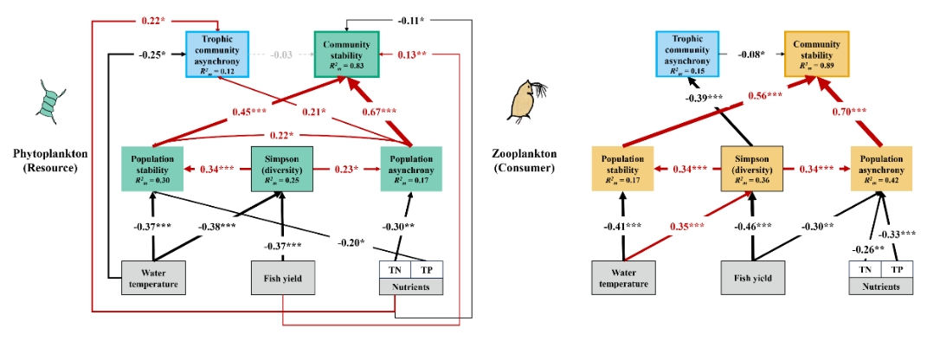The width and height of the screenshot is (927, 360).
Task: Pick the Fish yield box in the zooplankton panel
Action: tap(752, 280)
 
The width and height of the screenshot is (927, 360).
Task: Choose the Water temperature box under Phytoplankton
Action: tap(153, 280)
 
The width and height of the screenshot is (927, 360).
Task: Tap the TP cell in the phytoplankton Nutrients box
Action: tap(427, 269)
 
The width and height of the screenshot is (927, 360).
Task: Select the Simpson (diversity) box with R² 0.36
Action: tap(752, 168)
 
